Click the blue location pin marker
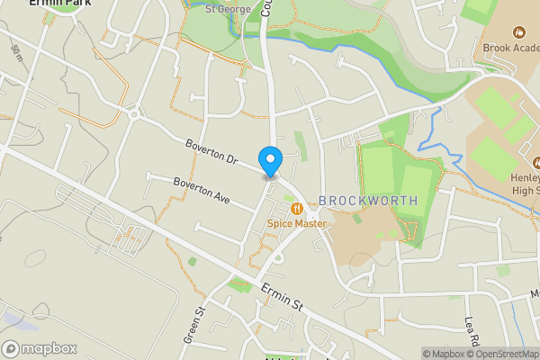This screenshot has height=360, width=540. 270,161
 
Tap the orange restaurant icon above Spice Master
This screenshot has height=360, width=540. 296,209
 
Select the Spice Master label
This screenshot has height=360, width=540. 296,223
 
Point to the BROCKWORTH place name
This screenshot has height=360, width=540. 369,201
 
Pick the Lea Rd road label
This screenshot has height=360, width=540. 469,332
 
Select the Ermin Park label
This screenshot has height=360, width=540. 60,3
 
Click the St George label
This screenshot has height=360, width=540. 227,9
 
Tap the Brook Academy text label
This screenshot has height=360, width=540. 510,48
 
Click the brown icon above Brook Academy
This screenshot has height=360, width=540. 518,31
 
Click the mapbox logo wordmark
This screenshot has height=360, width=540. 39,348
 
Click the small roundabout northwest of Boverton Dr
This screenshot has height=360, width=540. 135,114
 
